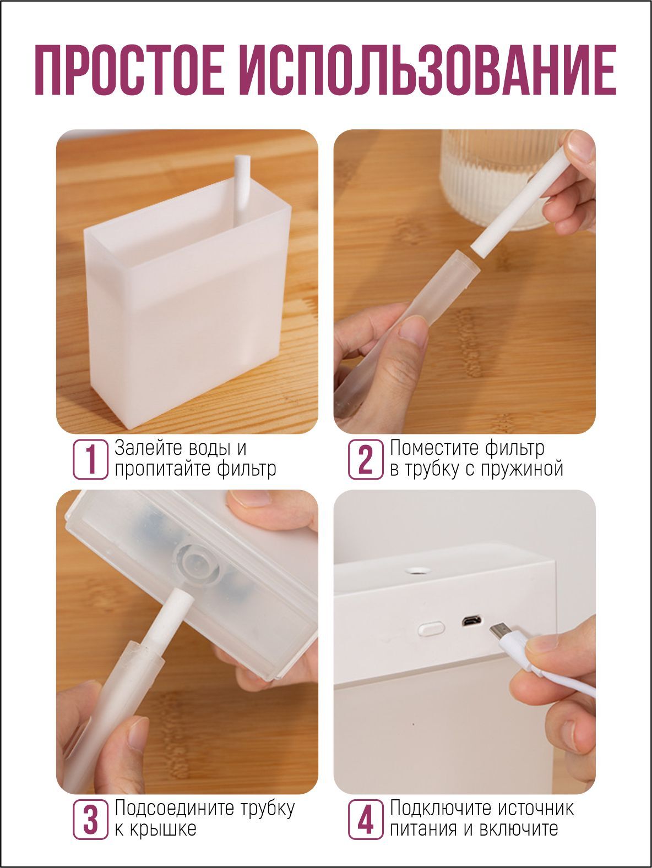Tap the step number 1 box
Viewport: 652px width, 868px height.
(91, 459)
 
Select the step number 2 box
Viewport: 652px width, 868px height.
(366, 459)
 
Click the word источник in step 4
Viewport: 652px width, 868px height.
(536, 808)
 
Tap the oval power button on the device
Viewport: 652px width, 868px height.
(431, 628)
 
